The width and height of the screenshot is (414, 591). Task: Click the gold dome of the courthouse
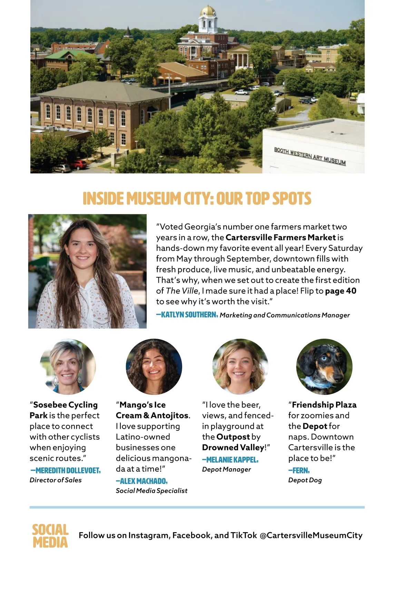point(208,11)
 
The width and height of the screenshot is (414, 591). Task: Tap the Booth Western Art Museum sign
point(309,156)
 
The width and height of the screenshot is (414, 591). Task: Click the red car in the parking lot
point(78,165)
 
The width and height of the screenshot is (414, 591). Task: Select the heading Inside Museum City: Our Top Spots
point(197,198)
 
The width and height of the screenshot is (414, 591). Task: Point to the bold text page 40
point(341,291)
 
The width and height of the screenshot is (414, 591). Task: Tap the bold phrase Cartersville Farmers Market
point(280,237)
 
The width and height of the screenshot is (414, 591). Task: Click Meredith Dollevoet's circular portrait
point(68,366)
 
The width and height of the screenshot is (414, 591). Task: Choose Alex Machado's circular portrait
point(154,366)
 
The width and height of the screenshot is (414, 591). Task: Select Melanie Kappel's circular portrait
point(240,366)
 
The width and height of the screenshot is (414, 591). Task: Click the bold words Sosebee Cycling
point(65,405)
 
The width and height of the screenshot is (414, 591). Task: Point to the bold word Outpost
point(233,437)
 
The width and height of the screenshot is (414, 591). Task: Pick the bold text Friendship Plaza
point(324,405)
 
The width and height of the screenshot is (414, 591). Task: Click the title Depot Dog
point(305,480)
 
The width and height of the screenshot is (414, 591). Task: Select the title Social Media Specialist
point(151,491)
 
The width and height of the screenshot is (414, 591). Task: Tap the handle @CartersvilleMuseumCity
point(311,535)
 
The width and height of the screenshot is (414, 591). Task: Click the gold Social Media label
point(50,536)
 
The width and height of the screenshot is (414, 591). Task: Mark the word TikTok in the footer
point(244,535)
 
